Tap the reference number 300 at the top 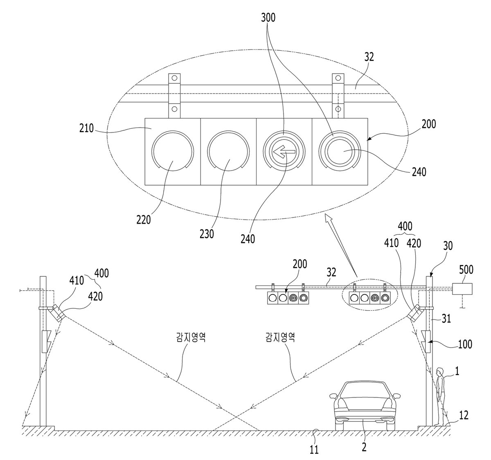(x=268, y=18)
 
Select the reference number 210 (x=86, y=128)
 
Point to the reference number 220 (x=144, y=219)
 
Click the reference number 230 (x=207, y=233)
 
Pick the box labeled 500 (x=462, y=289)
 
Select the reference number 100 (x=465, y=344)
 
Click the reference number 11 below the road (x=315, y=450)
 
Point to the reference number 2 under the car (x=364, y=447)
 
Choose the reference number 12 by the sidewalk (x=464, y=415)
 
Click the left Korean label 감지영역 (x=191, y=337)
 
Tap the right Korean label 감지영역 (x=280, y=337)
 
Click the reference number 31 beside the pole (x=446, y=319)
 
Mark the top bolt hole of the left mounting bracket (x=175, y=78)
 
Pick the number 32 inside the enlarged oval (x=369, y=57)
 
